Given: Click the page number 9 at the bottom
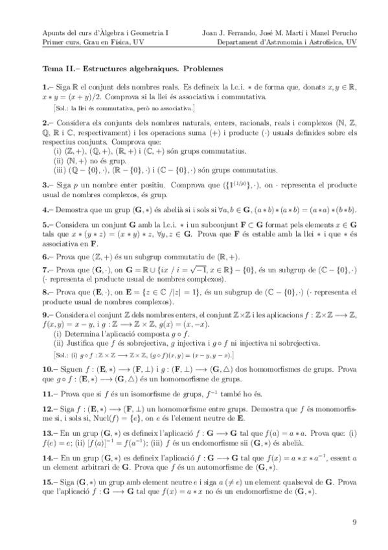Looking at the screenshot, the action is click(x=354, y=521).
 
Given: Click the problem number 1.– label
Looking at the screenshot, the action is click(x=47, y=87).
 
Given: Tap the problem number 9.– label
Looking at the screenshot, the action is click(x=47, y=315).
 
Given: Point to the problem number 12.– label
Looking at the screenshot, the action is click(x=50, y=410).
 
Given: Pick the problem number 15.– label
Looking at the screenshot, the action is click(x=50, y=484).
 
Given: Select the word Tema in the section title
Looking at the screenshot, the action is click(x=53, y=68).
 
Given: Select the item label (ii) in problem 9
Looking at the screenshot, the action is click(x=60, y=342).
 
